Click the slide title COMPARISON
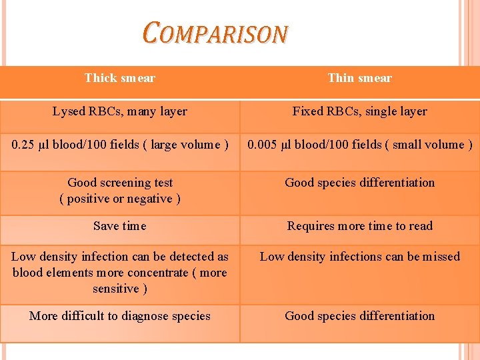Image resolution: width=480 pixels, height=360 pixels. [x=215, y=33]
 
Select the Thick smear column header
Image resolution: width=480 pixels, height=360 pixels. [x=120, y=78]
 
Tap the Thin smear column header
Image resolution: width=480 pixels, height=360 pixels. [x=360, y=78]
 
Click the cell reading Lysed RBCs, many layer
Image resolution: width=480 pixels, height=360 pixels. [x=120, y=111]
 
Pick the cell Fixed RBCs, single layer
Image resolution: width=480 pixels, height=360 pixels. [x=360, y=111]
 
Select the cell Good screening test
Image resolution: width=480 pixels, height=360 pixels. [x=120, y=183]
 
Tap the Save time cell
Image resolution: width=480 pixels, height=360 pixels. [x=120, y=226]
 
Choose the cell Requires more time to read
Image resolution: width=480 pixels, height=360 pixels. [x=360, y=226]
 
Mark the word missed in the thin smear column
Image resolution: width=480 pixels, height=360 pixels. [x=440, y=257]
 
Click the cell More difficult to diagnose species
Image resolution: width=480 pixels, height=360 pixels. [x=120, y=316]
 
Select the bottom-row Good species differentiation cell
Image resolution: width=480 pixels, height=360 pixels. [x=360, y=316]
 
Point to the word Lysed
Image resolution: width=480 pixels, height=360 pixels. [x=69, y=111]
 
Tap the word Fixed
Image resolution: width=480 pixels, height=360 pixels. [x=307, y=111]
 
